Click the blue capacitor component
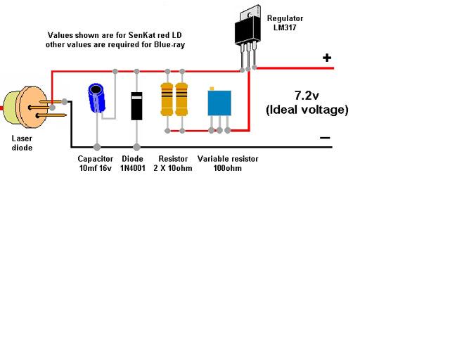coord(97,99)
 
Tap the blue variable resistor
coord(219,103)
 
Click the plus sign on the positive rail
coord(327,58)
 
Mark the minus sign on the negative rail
coord(324,138)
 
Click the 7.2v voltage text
coord(307,95)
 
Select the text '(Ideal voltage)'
coord(307,110)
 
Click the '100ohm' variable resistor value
coord(228,169)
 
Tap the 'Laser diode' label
coord(22,143)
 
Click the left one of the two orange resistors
coord(167,99)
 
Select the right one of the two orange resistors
coord(182,99)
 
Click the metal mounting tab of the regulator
coord(247,15)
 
